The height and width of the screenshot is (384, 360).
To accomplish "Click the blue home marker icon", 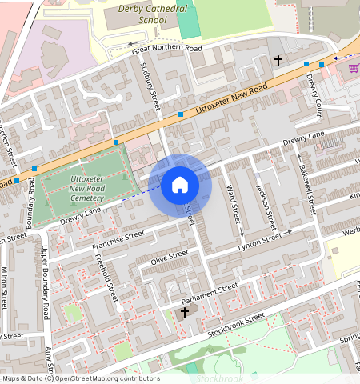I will tap(180, 186).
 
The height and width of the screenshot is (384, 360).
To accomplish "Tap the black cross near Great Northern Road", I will tap(279, 60).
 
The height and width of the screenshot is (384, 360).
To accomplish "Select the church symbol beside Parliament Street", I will tap(185, 311).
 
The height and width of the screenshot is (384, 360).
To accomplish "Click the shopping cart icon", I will tap(354, 68).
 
